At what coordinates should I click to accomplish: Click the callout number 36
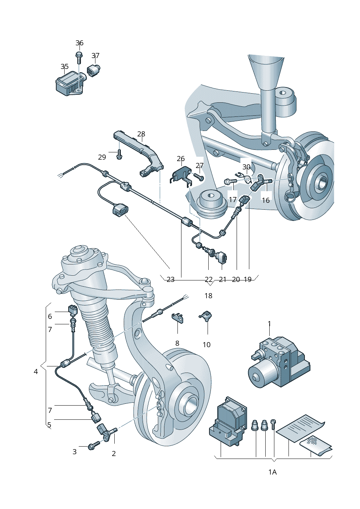79,43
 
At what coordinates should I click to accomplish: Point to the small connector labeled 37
94,70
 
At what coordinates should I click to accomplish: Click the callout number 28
141,134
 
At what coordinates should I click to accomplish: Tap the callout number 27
200,165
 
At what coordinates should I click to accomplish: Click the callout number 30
246,167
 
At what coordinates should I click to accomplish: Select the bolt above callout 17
230,181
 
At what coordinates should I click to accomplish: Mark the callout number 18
208,296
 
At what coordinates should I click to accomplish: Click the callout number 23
171,279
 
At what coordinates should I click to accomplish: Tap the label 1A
273,472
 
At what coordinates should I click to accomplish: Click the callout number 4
36,372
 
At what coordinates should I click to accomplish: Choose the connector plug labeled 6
72,309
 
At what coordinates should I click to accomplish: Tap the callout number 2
114,453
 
